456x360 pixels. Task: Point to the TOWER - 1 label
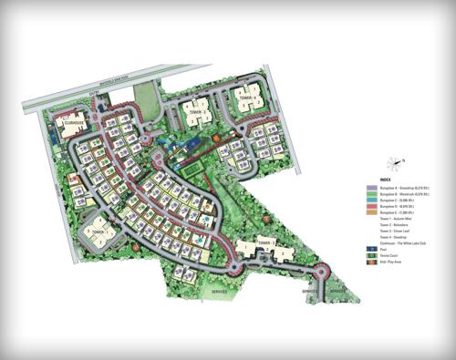tap(98, 232)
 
